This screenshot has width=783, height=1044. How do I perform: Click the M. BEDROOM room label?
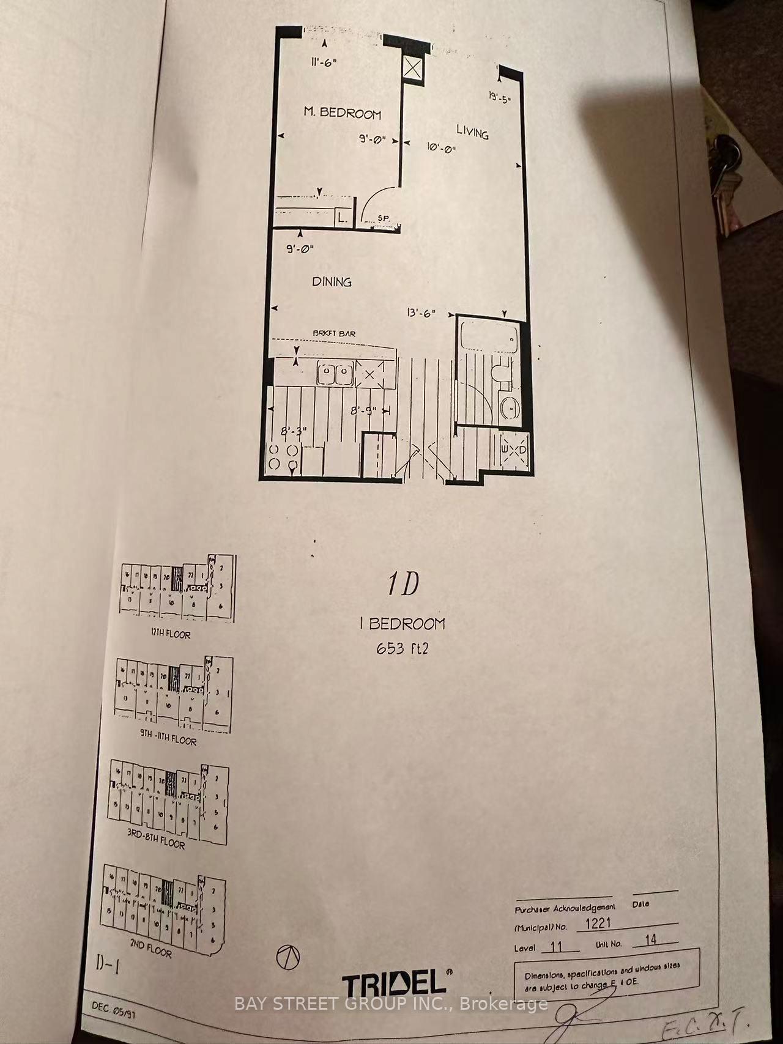[x=343, y=113]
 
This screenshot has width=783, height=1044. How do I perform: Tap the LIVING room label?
[x=472, y=131]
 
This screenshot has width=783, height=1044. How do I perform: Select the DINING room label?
[x=332, y=281]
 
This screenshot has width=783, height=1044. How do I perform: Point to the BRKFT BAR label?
[x=334, y=334]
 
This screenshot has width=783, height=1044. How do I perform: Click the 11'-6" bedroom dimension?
[x=324, y=62]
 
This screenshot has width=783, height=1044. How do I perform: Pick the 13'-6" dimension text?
[x=420, y=313]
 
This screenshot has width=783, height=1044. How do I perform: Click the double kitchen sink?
[x=335, y=374]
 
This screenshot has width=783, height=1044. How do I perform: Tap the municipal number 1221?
[x=598, y=925]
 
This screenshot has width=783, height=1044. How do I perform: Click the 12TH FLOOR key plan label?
[x=171, y=634]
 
